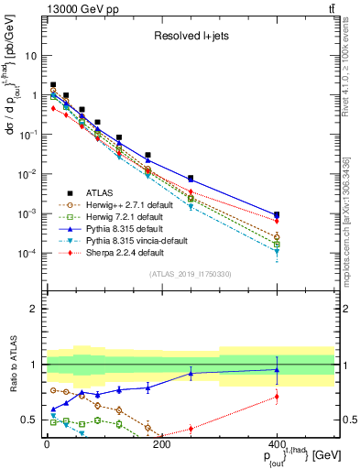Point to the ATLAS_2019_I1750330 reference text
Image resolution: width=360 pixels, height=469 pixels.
click(x=191, y=275)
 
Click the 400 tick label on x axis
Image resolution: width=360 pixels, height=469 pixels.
click(x=277, y=445)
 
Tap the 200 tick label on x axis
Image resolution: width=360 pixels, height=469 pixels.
click(x=161, y=445)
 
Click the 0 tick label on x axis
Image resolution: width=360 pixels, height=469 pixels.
click(x=47, y=445)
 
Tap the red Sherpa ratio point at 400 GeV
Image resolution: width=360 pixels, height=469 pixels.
click(x=277, y=397)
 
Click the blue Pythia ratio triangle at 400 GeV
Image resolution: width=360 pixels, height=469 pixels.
click(x=277, y=370)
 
